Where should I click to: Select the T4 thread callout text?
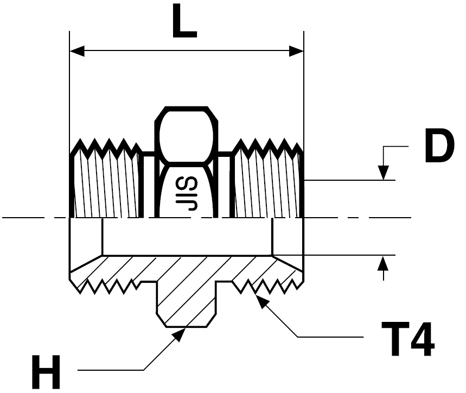[x=408, y=339]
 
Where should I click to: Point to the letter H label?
[x=46, y=372]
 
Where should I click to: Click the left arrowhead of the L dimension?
[x=77, y=51]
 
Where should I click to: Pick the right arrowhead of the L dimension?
[x=296, y=51]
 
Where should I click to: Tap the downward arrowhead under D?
[x=384, y=173]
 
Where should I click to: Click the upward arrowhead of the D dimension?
[x=384, y=263]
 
